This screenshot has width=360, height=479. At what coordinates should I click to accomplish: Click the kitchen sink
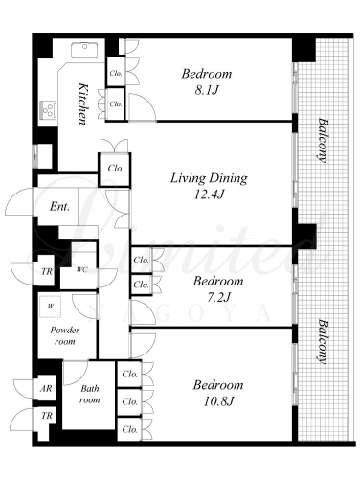[84, 50]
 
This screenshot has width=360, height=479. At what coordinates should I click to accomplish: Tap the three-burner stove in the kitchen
[49, 109]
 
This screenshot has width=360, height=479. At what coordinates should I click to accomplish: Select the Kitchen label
[83, 103]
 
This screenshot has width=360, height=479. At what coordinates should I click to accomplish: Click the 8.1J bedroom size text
[207, 91]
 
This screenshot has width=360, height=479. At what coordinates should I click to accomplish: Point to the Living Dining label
[209, 178]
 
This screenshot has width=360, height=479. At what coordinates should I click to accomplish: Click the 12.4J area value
[209, 194]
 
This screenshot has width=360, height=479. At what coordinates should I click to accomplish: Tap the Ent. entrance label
[59, 207]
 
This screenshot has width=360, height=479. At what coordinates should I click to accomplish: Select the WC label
[81, 269]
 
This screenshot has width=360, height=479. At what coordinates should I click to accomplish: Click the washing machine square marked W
[51, 307]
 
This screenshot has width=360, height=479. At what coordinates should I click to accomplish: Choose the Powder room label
[65, 335]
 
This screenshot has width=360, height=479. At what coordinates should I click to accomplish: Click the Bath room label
[90, 394]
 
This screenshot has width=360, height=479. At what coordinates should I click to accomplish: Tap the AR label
[46, 388]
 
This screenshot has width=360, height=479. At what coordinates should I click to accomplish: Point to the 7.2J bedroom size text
[218, 298]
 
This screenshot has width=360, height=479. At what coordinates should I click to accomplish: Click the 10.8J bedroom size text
[218, 401]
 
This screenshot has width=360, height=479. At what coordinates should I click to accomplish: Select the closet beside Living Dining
[115, 170]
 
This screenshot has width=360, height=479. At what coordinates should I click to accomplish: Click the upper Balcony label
[324, 141]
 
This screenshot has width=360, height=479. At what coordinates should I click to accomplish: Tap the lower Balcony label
[324, 342]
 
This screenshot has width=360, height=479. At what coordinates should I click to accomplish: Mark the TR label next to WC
[47, 272]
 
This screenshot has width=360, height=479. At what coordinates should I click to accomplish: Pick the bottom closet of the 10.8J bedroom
[129, 429]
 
